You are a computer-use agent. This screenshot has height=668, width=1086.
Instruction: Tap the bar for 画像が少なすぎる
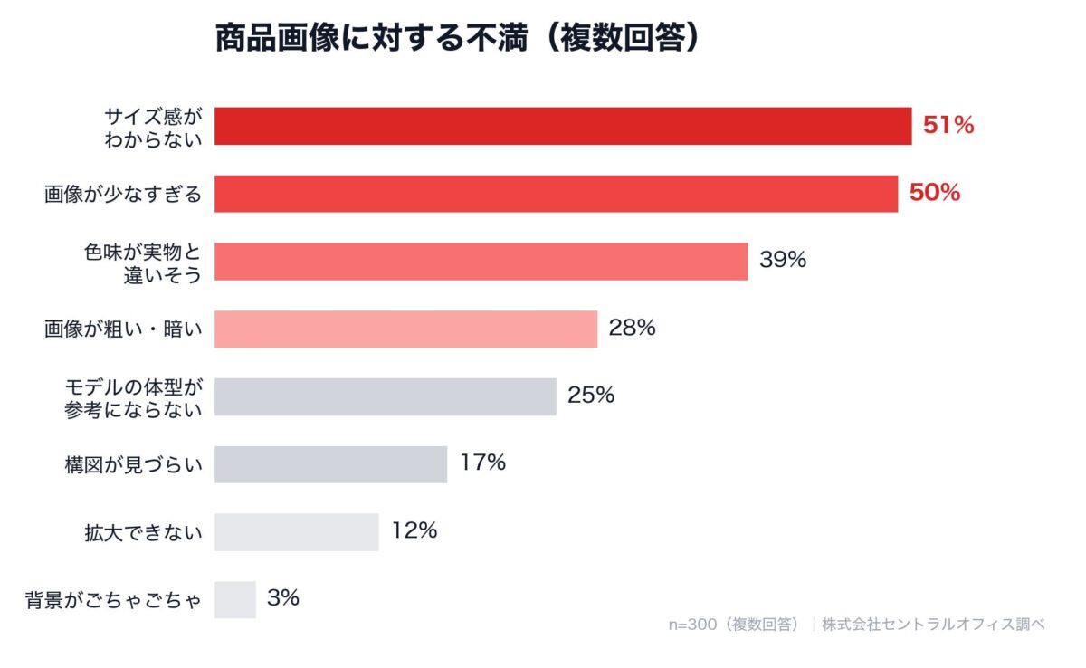pyautogui.click(x=556, y=194)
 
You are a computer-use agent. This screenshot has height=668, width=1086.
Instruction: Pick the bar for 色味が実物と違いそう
pyautogui.click(x=481, y=262)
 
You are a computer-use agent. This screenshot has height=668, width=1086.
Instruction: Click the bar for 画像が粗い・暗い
pyautogui.click(x=405, y=329)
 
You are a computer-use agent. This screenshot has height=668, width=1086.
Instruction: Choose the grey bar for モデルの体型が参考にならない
pyautogui.click(x=385, y=396)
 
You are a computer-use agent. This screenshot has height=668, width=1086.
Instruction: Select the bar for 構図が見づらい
pyautogui.click(x=330, y=464)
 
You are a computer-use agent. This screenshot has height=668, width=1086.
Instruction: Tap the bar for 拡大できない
pyautogui.click(x=296, y=532)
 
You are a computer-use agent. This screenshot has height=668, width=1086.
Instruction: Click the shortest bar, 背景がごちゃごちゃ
pyautogui.click(x=235, y=599)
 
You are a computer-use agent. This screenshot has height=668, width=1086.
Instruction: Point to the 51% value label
pyautogui.click(x=948, y=126)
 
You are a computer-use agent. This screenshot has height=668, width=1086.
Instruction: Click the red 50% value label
pyautogui.click(x=934, y=193)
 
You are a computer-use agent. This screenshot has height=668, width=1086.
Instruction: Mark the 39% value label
pyautogui.click(x=783, y=261)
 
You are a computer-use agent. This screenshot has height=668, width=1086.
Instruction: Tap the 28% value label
pyautogui.click(x=632, y=328)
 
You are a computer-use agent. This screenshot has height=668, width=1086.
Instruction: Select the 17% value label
pyautogui.click(x=482, y=463)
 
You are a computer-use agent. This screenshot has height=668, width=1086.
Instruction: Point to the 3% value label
pyautogui.click(x=283, y=598)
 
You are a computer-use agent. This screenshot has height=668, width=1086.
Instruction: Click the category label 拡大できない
pyautogui.click(x=143, y=532)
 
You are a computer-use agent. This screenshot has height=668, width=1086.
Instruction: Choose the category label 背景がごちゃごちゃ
pyautogui.click(x=115, y=600)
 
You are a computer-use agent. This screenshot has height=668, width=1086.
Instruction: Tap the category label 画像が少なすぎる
pyautogui.click(x=123, y=194)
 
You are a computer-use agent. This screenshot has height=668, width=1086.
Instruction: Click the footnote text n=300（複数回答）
pyautogui.click(x=734, y=625)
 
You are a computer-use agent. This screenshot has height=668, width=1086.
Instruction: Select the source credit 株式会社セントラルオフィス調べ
pyautogui.click(x=933, y=625)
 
